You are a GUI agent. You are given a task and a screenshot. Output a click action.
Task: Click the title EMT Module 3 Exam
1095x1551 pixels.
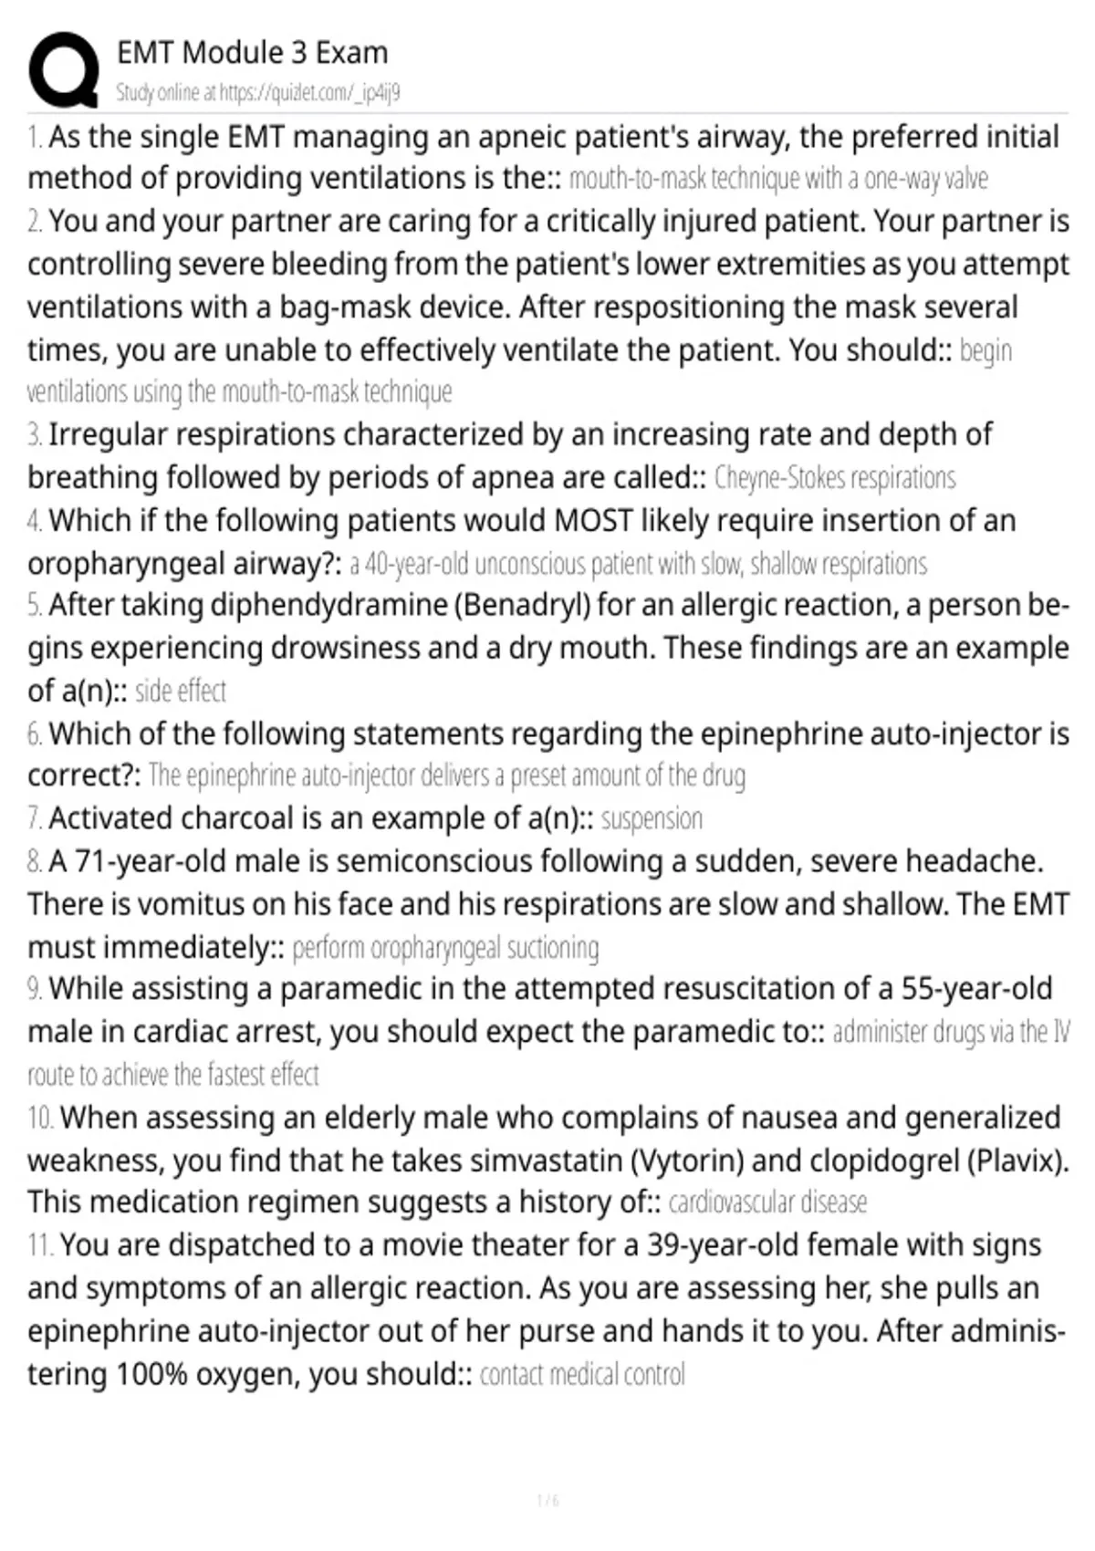(x=252, y=53)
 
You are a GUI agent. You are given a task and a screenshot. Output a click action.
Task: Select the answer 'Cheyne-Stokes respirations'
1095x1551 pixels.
(x=834, y=477)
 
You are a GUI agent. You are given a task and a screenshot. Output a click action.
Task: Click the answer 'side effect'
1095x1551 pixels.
(x=181, y=691)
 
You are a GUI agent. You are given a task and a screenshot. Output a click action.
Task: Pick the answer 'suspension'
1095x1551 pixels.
(x=652, y=818)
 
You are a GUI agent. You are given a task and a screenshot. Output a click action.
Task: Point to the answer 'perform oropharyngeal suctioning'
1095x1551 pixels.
(x=445, y=948)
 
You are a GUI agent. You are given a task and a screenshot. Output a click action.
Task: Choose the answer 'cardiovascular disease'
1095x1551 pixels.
(x=767, y=1202)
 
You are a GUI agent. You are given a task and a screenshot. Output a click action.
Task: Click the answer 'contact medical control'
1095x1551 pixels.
(x=582, y=1374)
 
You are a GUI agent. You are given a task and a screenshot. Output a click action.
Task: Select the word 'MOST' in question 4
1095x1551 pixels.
(x=593, y=520)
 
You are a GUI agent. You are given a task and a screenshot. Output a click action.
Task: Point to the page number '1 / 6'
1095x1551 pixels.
(x=547, y=1501)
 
